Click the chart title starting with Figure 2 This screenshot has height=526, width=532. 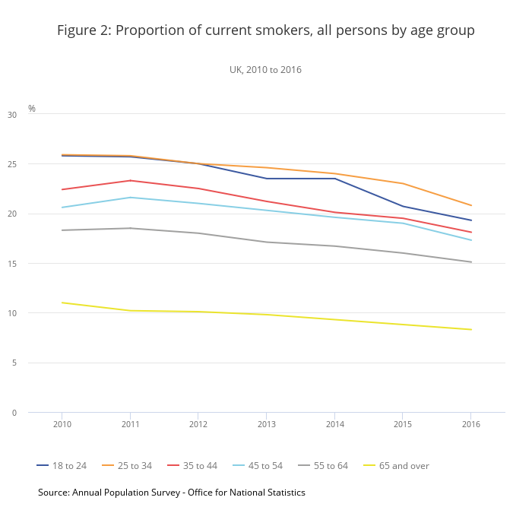[x=266, y=30]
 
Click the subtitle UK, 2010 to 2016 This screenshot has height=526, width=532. [x=266, y=70]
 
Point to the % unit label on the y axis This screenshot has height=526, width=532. [x=32, y=109]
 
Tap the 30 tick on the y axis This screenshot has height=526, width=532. [x=11, y=115]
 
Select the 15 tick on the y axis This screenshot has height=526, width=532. [x=11, y=264]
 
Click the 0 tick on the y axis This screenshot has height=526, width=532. [x=14, y=413]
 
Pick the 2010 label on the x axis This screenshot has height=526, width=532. [x=62, y=424]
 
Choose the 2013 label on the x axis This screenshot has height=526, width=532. [x=267, y=424]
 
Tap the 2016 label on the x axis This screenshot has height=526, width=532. [x=471, y=424]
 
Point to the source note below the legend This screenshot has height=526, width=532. [x=172, y=493]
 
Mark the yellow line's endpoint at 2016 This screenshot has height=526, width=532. [x=471, y=329]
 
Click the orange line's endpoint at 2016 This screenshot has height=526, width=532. [x=471, y=205]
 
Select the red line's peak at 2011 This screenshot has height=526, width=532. [x=131, y=180]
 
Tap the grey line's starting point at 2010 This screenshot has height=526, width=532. [x=62, y=230]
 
